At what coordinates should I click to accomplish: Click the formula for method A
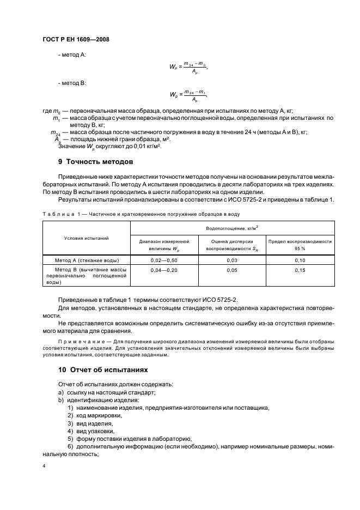point(188,67)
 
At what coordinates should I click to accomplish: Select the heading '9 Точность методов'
point(95,162)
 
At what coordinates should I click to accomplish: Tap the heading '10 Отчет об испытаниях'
point(103,369)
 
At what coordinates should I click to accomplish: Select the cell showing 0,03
point(232,261)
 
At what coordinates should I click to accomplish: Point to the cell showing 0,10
point(300,261)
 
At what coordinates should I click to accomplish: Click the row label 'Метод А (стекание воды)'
point(87,261)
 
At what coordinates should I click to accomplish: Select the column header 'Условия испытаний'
point(87,238)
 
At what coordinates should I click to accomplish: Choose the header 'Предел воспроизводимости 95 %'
point(300,245)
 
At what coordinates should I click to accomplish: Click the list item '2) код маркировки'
point(95,415)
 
